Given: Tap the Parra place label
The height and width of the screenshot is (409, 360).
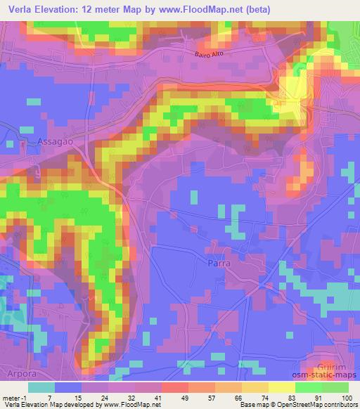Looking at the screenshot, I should (x=219, y=263).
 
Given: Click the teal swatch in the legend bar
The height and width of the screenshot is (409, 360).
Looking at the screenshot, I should (x=41, y=387).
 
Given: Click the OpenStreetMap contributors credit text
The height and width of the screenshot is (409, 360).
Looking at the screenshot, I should (x=323, y=405).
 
